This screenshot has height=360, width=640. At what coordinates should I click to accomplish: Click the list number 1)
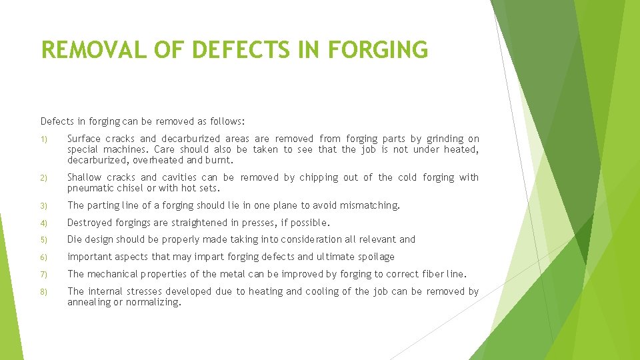click(x=43, y=139)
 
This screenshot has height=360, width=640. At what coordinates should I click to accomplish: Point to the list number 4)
click(x=43, y=223)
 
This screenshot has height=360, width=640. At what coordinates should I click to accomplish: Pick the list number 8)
click(x=43, y=292)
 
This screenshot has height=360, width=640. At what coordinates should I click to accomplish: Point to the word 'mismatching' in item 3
click(x=369, y=205)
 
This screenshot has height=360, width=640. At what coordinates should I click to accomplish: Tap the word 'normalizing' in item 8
click(x=154, y=303)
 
